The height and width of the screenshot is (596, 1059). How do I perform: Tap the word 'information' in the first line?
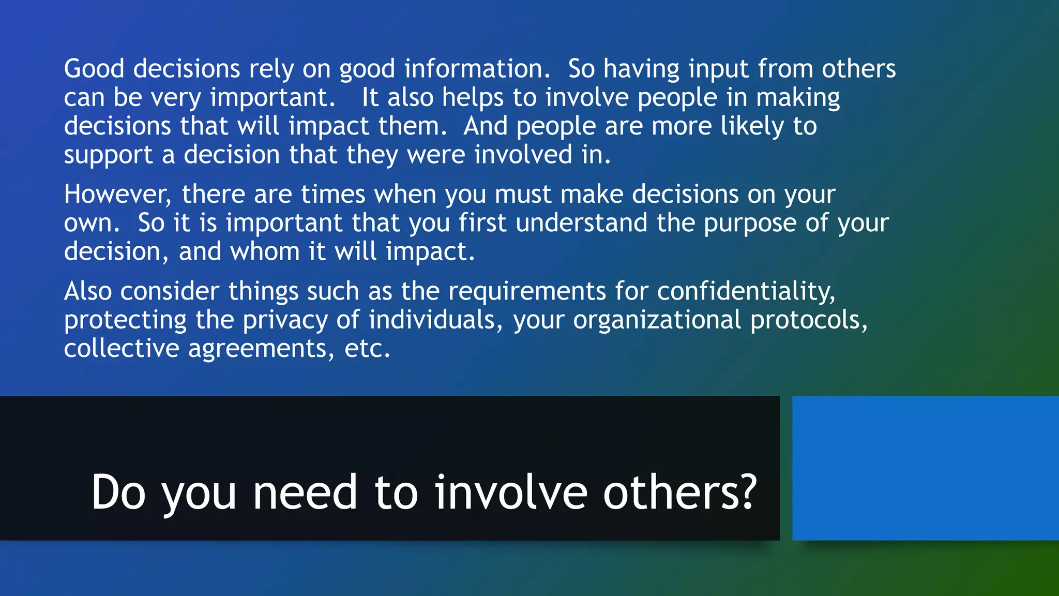[x=476, y=69]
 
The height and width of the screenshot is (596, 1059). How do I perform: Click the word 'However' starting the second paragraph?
[x=118, y=195]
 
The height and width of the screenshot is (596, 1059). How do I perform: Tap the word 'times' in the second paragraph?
[x=333, y=195]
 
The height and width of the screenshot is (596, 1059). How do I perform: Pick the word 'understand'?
[x=581, y=223]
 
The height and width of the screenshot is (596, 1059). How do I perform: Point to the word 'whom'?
[x=265, y=252]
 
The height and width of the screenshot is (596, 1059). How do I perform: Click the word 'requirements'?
[x=527, y=291]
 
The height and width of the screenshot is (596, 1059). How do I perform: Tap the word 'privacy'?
[x=285, y=320]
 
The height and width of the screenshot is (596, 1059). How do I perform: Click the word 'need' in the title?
[x=305, y=493]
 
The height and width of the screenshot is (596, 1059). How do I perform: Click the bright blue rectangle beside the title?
[x=925, y=468]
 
